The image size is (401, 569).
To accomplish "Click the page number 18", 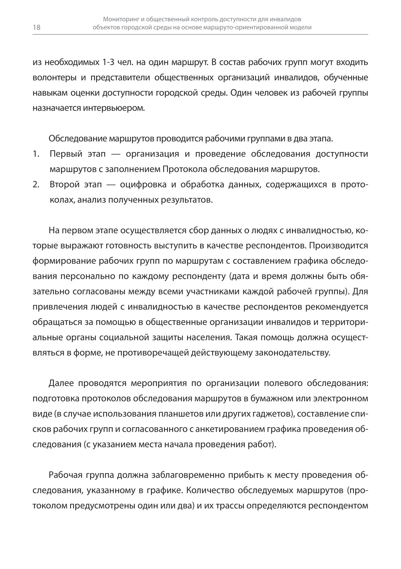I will point(36,28).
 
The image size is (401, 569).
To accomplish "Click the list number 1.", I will point(35,154).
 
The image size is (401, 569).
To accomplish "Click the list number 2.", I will point(36,185).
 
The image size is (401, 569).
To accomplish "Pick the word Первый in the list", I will point(66,154).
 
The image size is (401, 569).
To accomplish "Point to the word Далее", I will point(61,383).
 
